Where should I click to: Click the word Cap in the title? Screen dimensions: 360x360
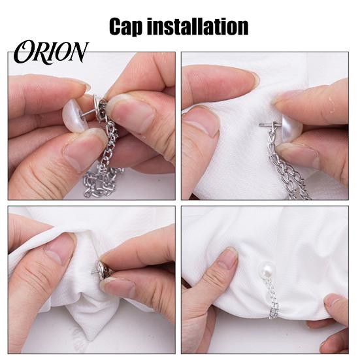[x=125, y=27]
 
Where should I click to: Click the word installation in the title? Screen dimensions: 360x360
[x=197, y=26]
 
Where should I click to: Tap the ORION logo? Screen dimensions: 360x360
[x=51, y=52]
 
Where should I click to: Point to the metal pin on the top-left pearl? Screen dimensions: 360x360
[x=87, y=114]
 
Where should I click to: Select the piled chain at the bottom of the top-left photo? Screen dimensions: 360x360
[x=101, y=184]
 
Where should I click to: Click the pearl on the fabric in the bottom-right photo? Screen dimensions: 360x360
[x=266, y=270]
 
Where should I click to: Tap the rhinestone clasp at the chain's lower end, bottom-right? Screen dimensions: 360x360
[x=274, y=311]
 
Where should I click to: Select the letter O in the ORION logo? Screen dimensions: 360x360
[x=24, y=52]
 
